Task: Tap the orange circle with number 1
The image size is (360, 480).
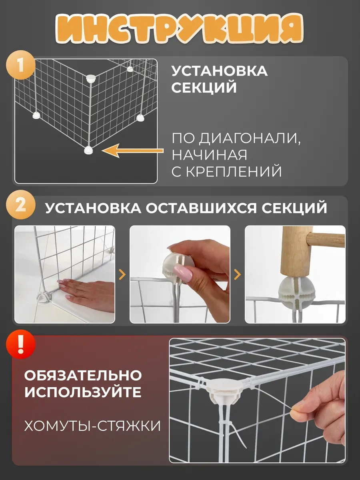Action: click(x=20, y=64)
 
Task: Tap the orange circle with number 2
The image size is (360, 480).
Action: click(x=20, y=205)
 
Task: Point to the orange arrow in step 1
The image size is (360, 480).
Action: click(x=133, y=150)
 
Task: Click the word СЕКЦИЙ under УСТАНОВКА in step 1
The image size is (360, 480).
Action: click(x=204, y=88)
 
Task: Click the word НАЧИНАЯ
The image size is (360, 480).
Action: click(x=209, y=155)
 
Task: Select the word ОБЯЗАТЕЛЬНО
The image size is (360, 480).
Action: click(x=83, y=376)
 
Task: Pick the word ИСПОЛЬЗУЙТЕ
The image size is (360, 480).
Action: click(x=83, y=392)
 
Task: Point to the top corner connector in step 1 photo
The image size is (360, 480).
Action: click(x=91, y=78)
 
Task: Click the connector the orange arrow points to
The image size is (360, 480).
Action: click(x=89, y=150)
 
